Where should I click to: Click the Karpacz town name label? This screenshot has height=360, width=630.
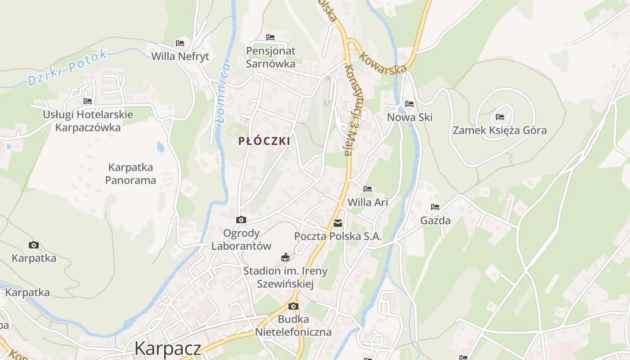(x=167, y=348)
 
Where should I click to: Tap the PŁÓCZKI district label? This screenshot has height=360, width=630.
(x=264, y=141)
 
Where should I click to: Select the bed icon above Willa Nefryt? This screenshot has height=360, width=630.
(x=180, y=43)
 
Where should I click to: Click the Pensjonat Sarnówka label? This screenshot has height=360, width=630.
(x=270, y=57)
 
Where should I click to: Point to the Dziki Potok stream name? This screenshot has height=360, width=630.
(x=68, y=67)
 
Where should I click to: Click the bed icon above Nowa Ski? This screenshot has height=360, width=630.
(x=409, y=104)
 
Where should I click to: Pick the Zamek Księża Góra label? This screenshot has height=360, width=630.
(x=499, y=130)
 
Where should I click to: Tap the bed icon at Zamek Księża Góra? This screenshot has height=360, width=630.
(x=499, y=117)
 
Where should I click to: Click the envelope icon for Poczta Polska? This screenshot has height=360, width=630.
(x=338, y=223)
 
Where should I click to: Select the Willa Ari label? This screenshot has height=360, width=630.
(x=368, y=202)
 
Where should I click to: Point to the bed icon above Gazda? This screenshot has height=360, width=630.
(x=435, y=207)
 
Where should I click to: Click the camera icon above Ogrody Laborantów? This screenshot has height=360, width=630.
(x=241, y=220)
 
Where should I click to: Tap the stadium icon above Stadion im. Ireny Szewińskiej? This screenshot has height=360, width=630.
(x=285, y=257)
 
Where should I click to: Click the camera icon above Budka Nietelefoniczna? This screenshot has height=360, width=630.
(x=293, y=306)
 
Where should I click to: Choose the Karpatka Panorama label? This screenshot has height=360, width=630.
(x=130, y=174)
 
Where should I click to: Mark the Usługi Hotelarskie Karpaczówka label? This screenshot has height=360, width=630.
(x=88, y=121)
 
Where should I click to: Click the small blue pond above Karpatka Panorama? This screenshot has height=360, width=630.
(x=161, y=147)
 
